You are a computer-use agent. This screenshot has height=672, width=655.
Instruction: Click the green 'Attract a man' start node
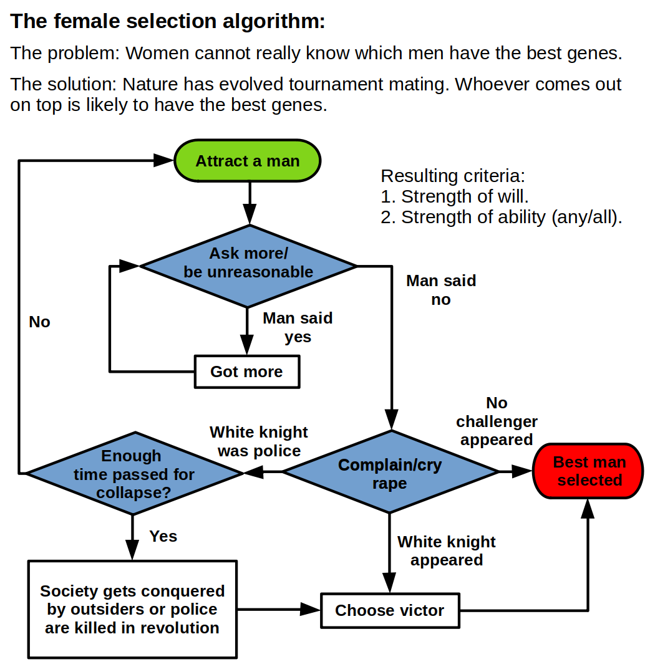[247, 161]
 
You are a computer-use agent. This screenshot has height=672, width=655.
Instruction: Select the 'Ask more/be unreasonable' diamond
[248, 266]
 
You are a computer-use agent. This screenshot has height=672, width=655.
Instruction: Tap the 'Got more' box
[246, 372]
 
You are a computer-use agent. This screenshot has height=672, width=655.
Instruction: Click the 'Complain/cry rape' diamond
[391, 473]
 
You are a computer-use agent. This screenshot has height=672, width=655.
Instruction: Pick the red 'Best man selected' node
[589, 471]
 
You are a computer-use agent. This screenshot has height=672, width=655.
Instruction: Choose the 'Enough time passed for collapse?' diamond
[133, 474]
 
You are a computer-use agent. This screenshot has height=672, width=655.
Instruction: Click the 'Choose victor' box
[389, 610]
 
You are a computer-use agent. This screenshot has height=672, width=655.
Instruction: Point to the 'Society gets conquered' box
[132, 609]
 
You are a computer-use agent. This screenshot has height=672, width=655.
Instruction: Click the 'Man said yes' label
[298, 327]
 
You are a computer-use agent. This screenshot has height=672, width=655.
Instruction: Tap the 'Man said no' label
[441, 290]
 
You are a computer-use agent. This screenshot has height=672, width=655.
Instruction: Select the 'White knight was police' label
[259, 441]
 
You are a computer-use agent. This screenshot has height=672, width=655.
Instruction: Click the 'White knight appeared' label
[447, 550]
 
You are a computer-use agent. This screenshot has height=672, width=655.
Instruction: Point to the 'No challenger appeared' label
[497, 421]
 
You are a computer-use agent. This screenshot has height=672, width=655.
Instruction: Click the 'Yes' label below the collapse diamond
[163, 536]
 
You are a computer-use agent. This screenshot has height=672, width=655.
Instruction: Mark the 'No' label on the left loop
[39, 322]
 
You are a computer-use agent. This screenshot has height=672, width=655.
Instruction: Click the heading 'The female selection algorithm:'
[168, 22]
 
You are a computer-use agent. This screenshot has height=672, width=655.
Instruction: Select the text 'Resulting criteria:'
[453, 176]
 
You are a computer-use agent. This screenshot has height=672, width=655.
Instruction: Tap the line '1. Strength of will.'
[455, 196]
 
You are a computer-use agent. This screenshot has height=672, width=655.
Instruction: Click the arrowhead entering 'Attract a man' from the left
[163, 161]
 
